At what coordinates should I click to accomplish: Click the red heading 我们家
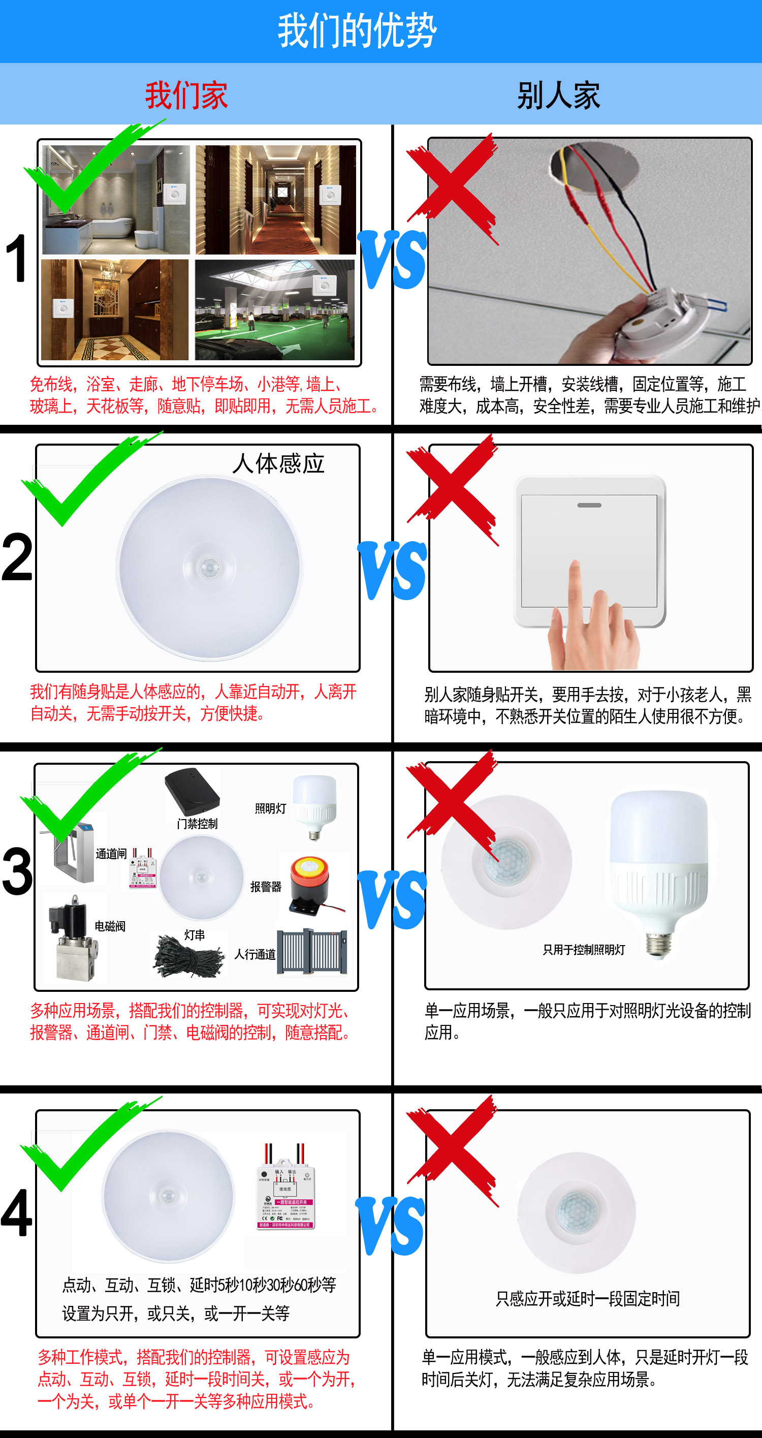pyautogui.click(x=186, y=96)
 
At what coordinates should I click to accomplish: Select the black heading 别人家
pyautogui.click(x=558, y=96)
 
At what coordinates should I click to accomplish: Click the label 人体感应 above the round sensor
pyautogui.click(x=278, y=464)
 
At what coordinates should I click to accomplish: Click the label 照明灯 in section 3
pyautogui.click(x=271, y=808)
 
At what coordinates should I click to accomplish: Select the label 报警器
pyautogui.click(x=266, y=887)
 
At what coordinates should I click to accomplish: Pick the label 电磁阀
pyautogui.click(x=110, y=926)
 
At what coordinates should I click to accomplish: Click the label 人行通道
pyautogui.click(x=255, y=954)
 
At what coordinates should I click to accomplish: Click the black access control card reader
pyautogui.click(x=192, y=792)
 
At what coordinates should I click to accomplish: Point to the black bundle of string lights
pyautogui.click(x=188, y=958)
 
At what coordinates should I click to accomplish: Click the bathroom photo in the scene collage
pyautogui.click(x=115, y=199)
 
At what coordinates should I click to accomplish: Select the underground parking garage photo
pyautogui.click(x=275, y=310)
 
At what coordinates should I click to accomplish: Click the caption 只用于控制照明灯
pyautogui.click(x=584, y=950)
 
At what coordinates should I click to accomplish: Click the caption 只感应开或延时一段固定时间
pyautogui.click(x=587, y=1299)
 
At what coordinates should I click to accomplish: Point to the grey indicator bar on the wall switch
pyautogui.click(x=589, y=505)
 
